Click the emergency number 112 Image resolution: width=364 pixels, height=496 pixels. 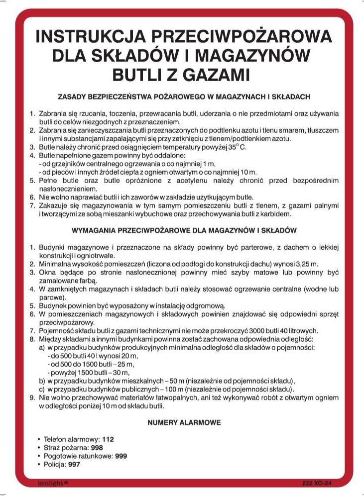(x=108, y=440)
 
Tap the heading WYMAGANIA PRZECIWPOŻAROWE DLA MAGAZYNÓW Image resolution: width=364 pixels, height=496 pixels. (x=184, y=231)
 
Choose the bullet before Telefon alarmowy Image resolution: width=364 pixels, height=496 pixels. (x=39, y=440)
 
